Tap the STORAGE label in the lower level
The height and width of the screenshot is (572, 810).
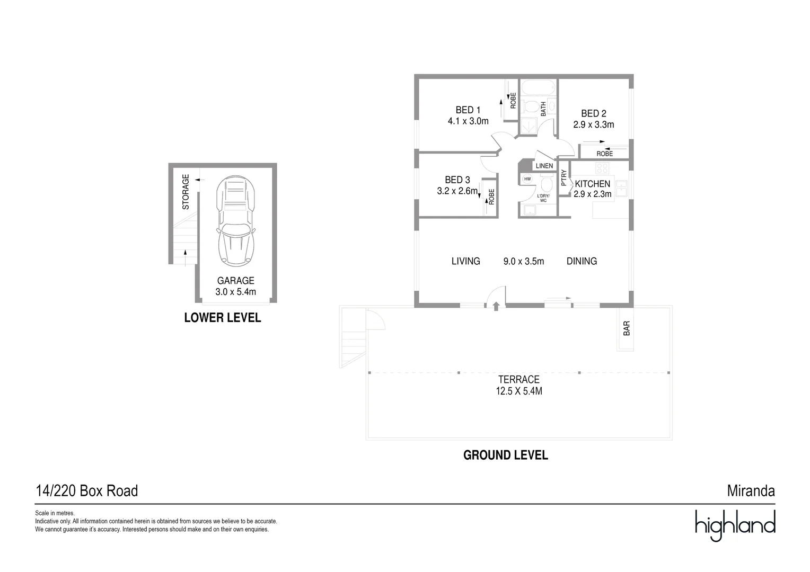tap(186, 192)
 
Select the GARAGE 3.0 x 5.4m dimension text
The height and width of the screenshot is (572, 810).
tap(235, 292)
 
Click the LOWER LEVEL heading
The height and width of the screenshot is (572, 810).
tap(222, 318)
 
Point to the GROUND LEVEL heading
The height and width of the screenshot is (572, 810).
tap(505, 455)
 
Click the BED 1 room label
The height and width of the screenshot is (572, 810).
tap(468, 110)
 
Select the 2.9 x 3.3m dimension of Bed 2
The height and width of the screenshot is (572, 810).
tap(593, 125)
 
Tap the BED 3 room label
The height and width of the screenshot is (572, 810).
tap(457, 180)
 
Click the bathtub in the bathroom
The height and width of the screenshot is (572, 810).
tap(538, 87)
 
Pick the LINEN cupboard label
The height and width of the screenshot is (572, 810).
tap(544, 166)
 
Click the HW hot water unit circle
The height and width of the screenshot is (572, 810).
tap(527, 179)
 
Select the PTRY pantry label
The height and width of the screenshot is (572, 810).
tap(564, 177)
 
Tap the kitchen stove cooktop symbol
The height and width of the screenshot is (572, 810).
tap(602, 168)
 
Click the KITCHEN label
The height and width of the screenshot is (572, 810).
tap(592, 184)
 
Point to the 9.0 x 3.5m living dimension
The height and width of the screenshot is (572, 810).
tap(523, 261)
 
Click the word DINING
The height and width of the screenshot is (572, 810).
tap(582, 261)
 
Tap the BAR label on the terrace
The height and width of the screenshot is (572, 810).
tap(627, 328)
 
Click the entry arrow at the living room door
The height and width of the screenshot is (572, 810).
tap(496, 306)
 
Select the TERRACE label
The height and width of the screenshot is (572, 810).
tap(518, 379)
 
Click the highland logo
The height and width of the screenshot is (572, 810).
tap(735, 525)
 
